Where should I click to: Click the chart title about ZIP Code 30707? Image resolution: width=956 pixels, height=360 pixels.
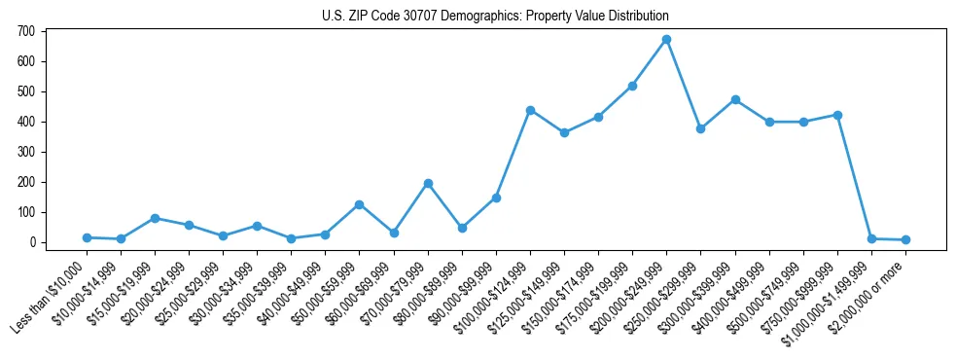[x=495, y=17]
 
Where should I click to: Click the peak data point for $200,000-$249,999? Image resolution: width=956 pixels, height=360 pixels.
[x=666, y=40]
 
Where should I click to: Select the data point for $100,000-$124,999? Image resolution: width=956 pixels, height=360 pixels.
[x=530, y=110]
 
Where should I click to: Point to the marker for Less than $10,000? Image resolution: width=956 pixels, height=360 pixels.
[x=87, y=237]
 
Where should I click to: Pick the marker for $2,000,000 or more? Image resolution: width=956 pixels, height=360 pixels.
[x=905, y=239]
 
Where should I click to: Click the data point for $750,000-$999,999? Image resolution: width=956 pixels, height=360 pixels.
[x=837, y=115]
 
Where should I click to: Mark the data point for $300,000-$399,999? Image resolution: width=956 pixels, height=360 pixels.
[x=735, y=99]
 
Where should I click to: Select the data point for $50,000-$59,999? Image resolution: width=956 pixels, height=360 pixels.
[x=360, y=204]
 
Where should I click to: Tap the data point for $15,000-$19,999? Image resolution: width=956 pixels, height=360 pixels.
[x=155, y=218]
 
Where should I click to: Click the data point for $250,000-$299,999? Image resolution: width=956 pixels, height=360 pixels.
[x=700, y=128]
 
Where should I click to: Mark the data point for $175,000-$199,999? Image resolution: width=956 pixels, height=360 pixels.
[x=632, y=86]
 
